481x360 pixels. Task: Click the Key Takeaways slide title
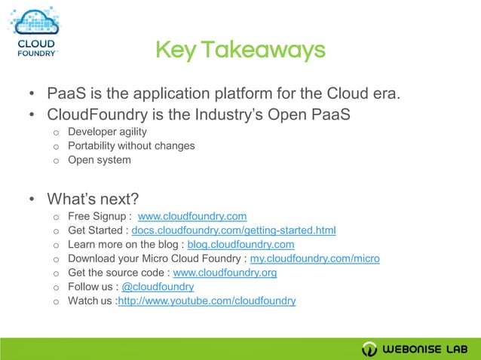tap(240, 50)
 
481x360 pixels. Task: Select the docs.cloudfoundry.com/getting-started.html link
tap(233, 230)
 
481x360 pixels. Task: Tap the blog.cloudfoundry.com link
tap(240, 244)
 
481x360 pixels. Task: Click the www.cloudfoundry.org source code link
tap(225, 273)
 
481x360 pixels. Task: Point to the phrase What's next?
tap(93, 199)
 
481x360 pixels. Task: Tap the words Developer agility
tap(107, 132)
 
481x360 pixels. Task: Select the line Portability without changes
tap(131, 145)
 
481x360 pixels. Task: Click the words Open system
tap(99, 160)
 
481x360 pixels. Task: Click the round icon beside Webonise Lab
tap(369, 349)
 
